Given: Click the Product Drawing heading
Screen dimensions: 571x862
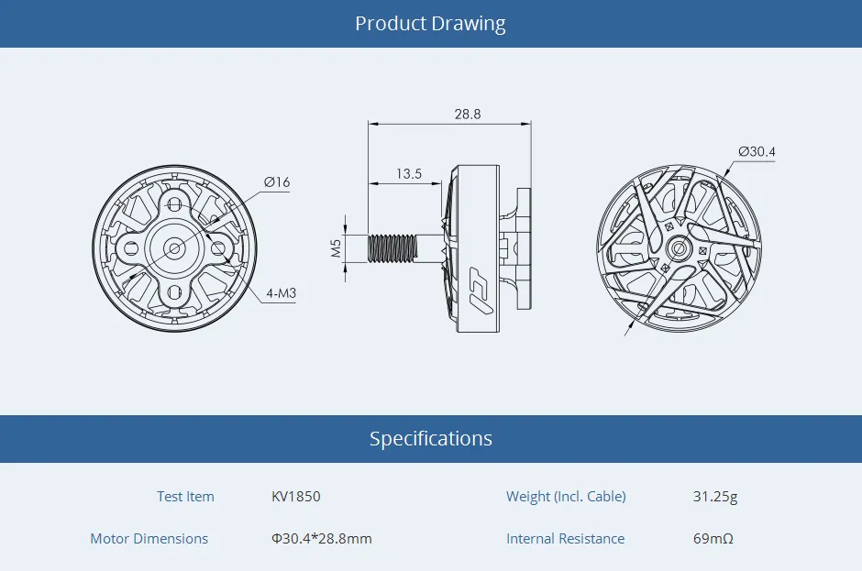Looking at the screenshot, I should (x=430, y=24).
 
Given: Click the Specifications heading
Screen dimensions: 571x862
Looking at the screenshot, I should (x=430, y=439).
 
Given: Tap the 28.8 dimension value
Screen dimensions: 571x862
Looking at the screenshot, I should (x=467, y=115).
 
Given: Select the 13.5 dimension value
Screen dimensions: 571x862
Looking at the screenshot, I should (x=409, y=173).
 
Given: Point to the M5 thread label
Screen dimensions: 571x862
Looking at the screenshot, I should (x=336, y=247).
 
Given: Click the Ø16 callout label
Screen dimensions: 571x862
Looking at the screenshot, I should (x=276, y=182).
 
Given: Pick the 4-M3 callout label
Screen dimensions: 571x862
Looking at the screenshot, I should (x=280, y=294).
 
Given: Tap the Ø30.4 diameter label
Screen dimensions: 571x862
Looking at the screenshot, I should (x=757, y=151).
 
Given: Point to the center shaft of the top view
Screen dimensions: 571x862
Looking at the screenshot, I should (x=679, y=247).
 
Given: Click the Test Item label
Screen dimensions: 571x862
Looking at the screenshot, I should (x=185, y=497).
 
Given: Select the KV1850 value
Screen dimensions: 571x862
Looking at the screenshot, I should (x=296, y=497).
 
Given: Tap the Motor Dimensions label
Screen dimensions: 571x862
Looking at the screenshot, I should (x=149, y=539).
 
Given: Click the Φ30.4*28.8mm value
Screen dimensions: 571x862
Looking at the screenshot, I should (x=322, y=539).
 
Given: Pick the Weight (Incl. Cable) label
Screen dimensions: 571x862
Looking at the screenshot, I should (x=566, y=497).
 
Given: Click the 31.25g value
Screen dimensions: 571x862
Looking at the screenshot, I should (x=715, y=497).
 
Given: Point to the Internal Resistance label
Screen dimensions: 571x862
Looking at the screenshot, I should (x=565, y=539).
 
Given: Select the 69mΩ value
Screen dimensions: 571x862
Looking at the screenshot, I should (x=713, y=539).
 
